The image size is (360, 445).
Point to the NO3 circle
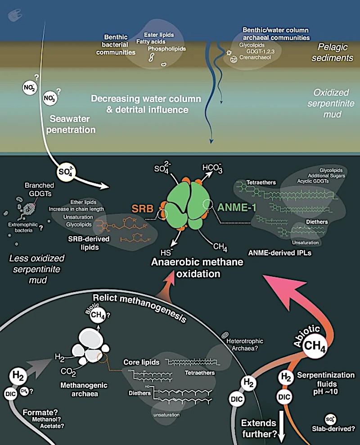tap(49, 97)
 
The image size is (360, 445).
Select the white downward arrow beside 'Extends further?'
tap(283, 428)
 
